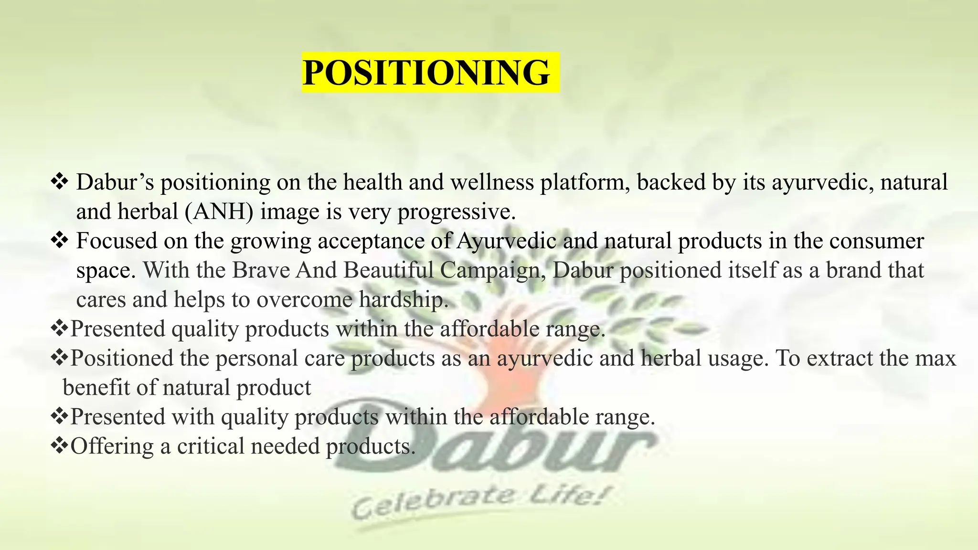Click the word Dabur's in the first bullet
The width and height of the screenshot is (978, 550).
[x=115, y=182]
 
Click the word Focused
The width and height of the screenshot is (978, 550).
[x=117, y=241]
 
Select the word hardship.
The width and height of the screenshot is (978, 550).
[x=404, y=300]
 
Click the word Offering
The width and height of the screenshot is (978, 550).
[x=112, y=446]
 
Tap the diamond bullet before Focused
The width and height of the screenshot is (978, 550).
[x=60, y=240]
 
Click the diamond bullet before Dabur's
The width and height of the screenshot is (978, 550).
[x=60, y=182]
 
